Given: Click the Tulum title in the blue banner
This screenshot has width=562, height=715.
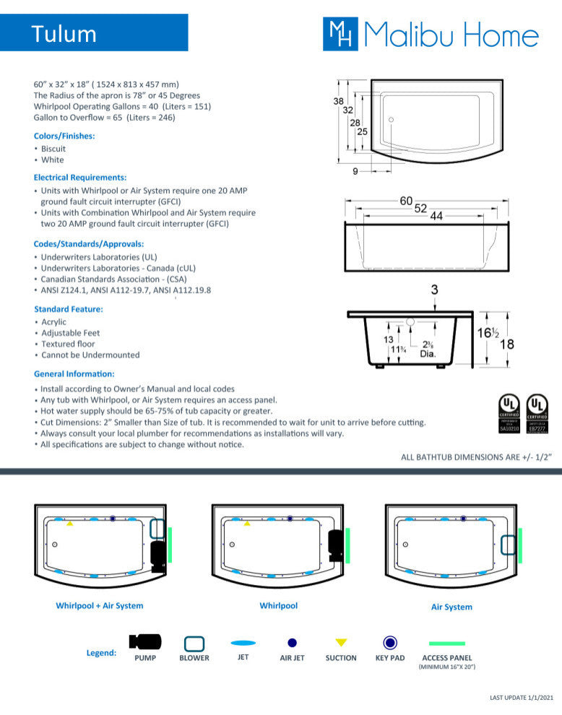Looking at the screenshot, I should click(x=64, y=34).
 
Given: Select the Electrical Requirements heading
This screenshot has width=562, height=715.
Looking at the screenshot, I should click(x=80, y=177).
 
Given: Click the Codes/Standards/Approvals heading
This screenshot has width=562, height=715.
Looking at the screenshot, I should click(x=89, y=244).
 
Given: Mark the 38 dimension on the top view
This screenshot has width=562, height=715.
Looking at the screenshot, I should click(x=338, y=102).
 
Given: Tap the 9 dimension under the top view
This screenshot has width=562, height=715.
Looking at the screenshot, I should click(x=355, y=171).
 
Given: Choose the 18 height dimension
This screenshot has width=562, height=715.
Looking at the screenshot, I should click(x=507, y=344).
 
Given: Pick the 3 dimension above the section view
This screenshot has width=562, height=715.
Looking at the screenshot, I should click(x=434, y=290).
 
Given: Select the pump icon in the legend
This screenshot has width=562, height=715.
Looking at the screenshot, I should click(x=145, y=641).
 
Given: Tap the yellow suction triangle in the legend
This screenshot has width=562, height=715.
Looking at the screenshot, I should click(x=341, y=642).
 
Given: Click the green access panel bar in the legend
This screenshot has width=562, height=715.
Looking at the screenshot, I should click(x=447, y=643).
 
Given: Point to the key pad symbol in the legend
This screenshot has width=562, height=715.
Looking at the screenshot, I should click(x=390, y=642).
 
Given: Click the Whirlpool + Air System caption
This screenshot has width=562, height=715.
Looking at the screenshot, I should click(x=100, y=606).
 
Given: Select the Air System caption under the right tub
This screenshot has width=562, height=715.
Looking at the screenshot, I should click(x=451, y=607).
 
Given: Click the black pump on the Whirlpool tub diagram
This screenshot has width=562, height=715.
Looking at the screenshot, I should click(x=334, y=542).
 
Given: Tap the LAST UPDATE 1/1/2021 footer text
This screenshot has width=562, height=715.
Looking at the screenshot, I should click(x=521, y=697).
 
